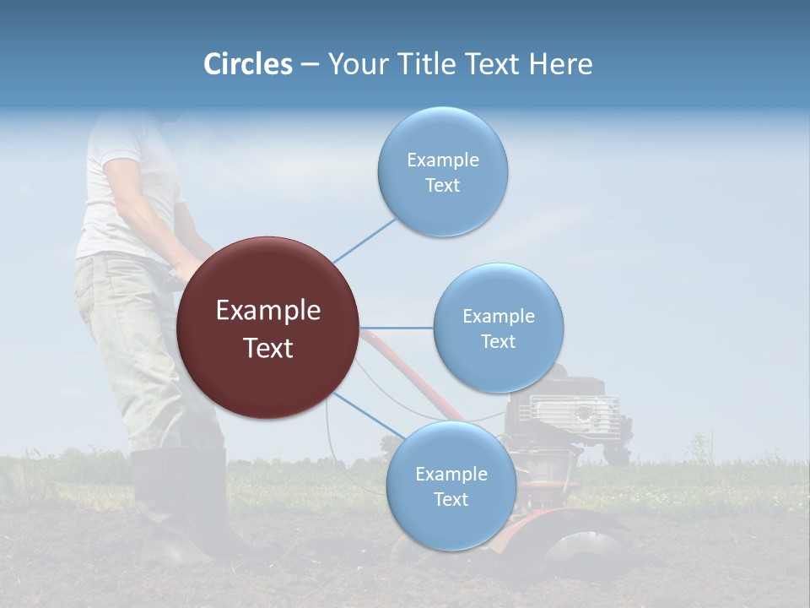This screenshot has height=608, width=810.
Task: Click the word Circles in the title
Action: click(247, 64)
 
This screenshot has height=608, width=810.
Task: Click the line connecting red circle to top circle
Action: click(364, 240)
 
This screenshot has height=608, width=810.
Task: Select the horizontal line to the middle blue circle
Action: click(397, 328)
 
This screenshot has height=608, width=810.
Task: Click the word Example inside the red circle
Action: click(268, 311)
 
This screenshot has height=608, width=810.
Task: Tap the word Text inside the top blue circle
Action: click(442, 186)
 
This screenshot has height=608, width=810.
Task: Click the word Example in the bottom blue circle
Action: click(451, 474)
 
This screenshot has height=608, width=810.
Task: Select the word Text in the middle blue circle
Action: click(498, 341)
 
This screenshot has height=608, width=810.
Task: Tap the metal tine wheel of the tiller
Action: click(582, 549)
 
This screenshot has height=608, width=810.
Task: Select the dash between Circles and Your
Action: click(310, 65)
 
